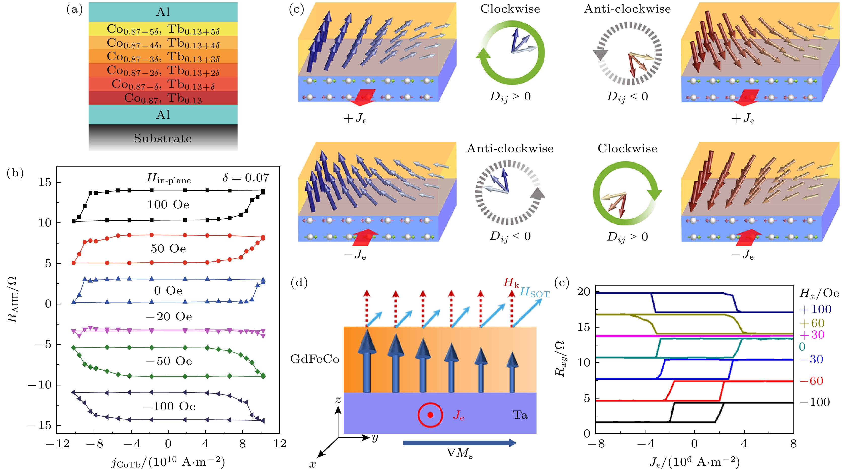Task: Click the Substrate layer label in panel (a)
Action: [x=163, y=138]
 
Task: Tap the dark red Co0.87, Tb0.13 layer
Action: [x=163, y=98]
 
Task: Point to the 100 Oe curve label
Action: [x=168, y=205]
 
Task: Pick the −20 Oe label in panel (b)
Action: [x=169, y=317]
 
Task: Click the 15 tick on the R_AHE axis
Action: [x=45, y=182]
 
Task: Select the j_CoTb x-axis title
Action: [x=168, y=462]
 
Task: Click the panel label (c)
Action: [x=296, y=10]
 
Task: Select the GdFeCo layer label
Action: [x=315, y=359]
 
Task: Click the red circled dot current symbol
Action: [x=430, y=415]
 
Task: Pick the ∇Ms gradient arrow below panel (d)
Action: [x=459, y=443]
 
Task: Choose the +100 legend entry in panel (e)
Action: [x=815, y=309]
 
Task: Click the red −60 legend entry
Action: [x=811, y=381]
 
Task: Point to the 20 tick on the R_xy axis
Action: [x=584, y=292]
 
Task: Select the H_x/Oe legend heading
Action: [x=819, y=293]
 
